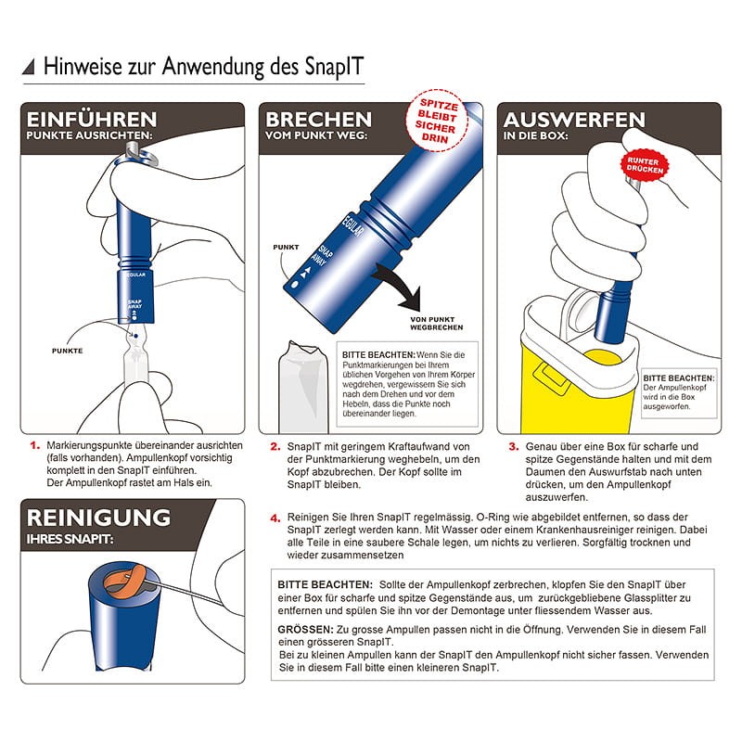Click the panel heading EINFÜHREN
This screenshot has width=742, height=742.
click(x=91, y=120)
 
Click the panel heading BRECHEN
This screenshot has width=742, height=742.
click(x=318, y=120)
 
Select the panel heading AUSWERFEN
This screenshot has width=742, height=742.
click(x=574, y=120)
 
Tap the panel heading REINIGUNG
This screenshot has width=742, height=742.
click(x=98, y=518)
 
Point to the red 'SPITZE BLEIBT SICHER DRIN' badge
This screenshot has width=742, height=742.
click(x=437, y=121)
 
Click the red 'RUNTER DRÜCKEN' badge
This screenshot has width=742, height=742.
click(x=645, y=165)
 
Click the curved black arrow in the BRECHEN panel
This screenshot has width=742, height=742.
click(x=399, y=287)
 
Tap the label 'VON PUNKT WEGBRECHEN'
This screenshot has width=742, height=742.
click(x=436, y=323)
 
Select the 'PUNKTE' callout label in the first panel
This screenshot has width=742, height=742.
click(x=67, y=351)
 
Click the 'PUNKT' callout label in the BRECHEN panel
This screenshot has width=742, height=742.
click(x=286, y=247)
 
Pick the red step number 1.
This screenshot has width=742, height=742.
click(x=35, y=446)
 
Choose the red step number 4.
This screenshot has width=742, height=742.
click(x=275, y=518)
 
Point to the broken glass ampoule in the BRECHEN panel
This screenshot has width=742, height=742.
click(x=303, y=387)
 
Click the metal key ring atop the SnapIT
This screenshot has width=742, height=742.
click(x=142, y=154)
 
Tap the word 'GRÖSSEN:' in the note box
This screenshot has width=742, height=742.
click(x=306, y=630)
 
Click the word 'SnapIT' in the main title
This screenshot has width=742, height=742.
click(x=334, y=66)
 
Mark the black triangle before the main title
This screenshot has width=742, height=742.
click(x=29, y=67)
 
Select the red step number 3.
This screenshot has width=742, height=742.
click(x=514, y=447)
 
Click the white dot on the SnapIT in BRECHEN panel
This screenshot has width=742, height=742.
click(x=295, y=285)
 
